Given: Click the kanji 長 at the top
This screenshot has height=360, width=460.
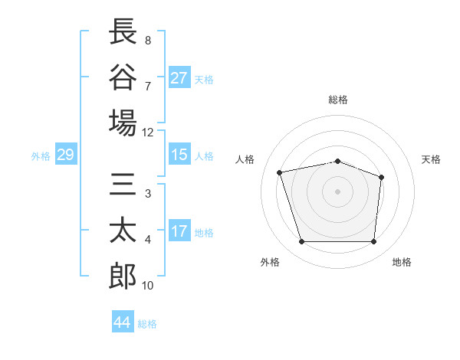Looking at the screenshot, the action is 123,31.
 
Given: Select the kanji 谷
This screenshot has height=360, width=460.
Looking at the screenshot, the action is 123,77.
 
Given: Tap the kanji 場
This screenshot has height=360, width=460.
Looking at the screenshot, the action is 123,123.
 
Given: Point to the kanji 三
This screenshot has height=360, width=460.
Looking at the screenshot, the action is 123,184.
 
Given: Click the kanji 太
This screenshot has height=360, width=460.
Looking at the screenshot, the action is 123,230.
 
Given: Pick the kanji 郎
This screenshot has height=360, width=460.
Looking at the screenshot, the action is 123,276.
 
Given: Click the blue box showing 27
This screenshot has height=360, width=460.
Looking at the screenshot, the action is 179,77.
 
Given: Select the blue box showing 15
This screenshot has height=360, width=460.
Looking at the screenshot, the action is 179,154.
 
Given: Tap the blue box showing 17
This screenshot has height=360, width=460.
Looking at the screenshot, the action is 179,230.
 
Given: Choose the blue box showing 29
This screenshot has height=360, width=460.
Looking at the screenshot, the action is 66,154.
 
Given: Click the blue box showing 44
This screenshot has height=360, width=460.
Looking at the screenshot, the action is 123,321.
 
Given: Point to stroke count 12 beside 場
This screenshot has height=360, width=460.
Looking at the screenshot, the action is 147,133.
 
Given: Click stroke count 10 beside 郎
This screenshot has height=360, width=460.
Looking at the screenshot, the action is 147,286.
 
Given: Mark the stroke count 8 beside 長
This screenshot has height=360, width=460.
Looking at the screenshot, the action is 148,41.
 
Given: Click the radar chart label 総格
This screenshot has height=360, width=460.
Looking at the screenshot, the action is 338,100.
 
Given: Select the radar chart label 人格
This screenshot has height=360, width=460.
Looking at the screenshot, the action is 245,159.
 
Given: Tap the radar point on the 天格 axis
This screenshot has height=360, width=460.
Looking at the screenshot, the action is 381,178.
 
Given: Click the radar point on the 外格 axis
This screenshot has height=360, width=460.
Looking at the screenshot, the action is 302,242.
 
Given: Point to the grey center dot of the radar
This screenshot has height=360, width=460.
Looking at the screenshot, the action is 337,191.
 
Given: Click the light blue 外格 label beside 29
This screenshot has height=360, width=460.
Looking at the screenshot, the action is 41,156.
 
